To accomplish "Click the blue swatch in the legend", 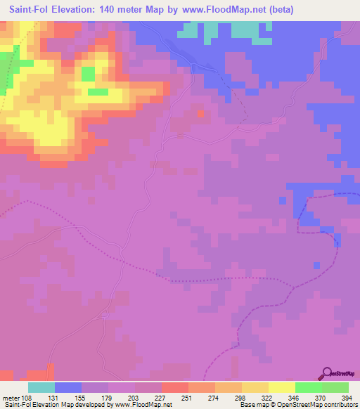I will (67, 387).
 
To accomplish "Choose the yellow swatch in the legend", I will (281, 387).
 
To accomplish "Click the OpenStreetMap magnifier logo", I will (328, 373).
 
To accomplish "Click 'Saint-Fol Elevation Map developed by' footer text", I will (53, 405).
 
